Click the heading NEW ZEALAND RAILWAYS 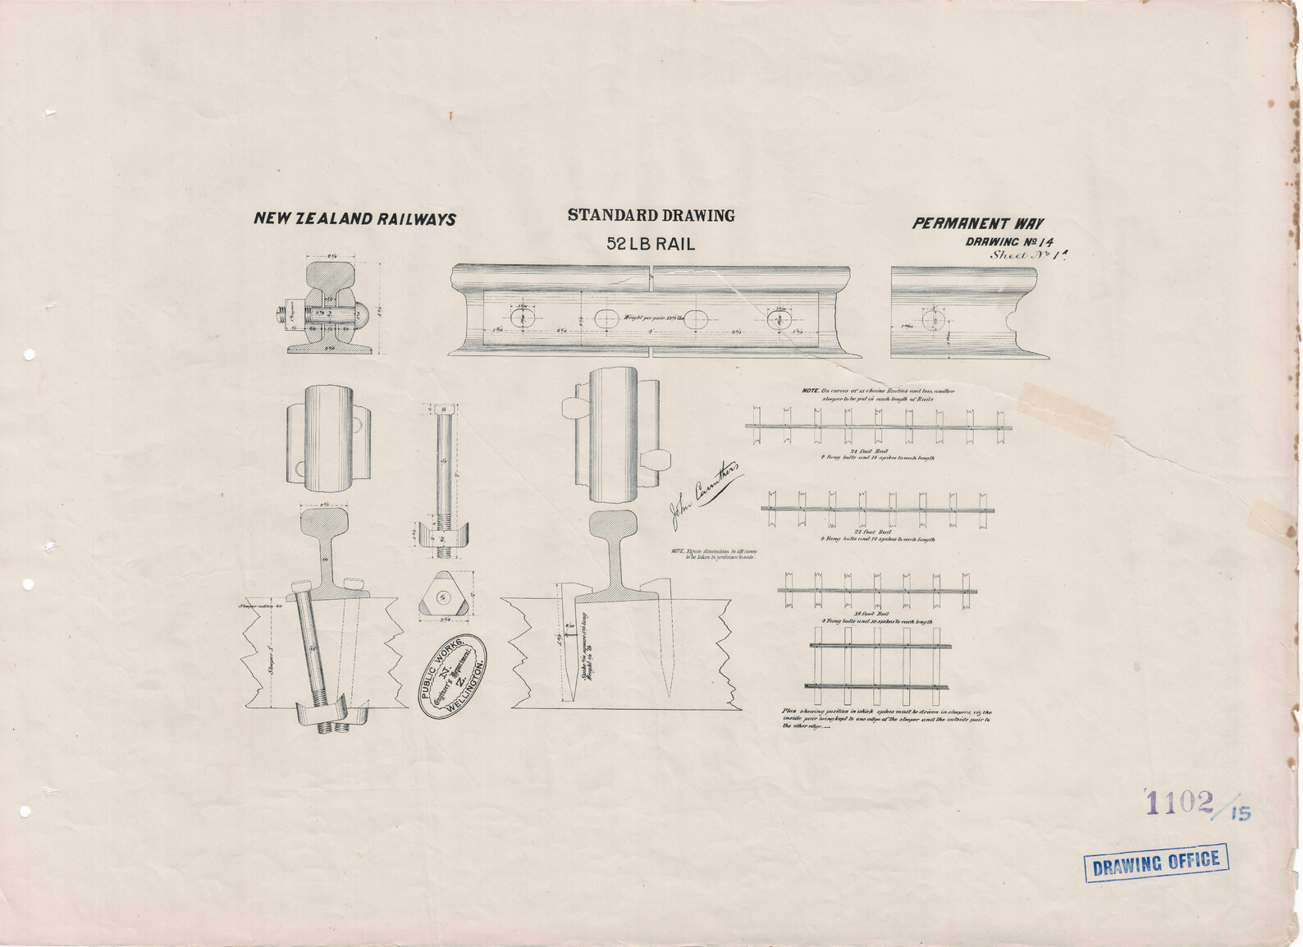pos(354,219)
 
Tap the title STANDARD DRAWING pos(651,216)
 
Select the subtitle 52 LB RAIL pos(650,244)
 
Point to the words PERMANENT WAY pos(978,223)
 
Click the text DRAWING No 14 pos(1009,242)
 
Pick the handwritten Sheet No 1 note pos(1031,254)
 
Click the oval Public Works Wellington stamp pos(452,676)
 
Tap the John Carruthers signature pos(706,492)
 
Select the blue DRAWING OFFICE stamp pos(1156,862)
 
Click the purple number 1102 pos(1179,802)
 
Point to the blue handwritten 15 pos(1240,813)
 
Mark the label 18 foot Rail pos(871,614)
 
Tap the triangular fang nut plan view pos(445,595)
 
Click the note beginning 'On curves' pos(877,395)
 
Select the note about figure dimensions pos(712,555)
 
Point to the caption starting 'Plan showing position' pos(886,719)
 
